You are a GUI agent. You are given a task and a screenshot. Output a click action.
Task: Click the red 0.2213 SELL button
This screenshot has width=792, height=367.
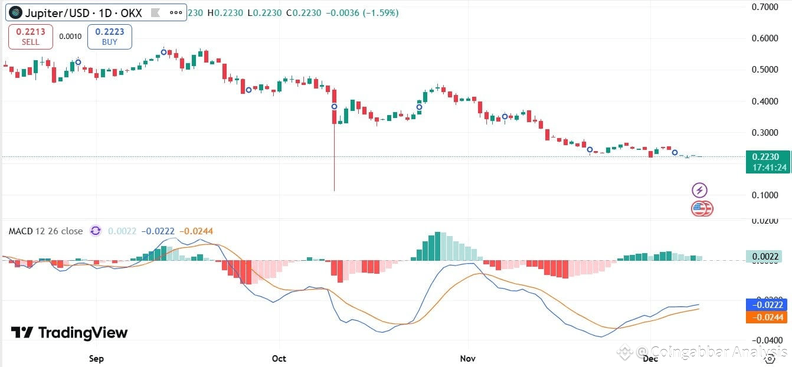(31, 37)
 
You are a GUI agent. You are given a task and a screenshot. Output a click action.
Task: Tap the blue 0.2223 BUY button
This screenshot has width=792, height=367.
(109, 37)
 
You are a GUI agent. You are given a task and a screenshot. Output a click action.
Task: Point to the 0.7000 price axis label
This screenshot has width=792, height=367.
(765, 7)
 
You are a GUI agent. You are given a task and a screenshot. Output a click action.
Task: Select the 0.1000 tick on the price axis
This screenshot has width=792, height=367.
(765, 195)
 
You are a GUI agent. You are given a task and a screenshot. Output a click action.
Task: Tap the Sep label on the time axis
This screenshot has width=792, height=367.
(96, 358)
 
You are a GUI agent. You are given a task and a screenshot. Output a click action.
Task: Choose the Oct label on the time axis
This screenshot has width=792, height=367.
(279, 358)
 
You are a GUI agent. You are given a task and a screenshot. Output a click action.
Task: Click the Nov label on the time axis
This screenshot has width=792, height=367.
(468, 358)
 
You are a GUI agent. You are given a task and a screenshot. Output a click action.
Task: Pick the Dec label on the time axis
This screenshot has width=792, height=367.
(650, 358)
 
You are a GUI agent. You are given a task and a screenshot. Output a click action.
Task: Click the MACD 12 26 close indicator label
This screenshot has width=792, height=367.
(45, 231)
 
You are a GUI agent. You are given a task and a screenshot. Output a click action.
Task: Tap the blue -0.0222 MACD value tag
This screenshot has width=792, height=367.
(765, 305)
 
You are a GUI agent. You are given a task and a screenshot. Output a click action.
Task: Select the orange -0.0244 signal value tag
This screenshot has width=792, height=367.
(765, 317)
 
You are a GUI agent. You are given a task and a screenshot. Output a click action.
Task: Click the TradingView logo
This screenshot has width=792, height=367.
(69, 333)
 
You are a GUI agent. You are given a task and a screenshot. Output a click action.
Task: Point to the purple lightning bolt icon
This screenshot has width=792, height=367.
(699, 190)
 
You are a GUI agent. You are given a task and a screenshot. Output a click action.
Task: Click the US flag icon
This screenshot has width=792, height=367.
(699, 208)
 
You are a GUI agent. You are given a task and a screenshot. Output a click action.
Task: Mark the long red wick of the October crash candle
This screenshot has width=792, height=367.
(335, 159)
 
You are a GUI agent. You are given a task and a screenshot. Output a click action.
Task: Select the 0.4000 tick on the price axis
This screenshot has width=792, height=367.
(765, 101)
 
